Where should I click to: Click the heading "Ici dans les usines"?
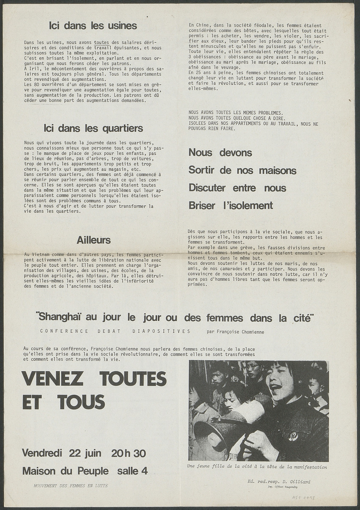93,26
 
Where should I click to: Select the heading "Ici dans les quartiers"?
93,128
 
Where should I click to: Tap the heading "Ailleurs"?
93,240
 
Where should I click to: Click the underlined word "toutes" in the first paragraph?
102,43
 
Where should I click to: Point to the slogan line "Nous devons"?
220,152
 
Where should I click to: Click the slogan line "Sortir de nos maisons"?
242,170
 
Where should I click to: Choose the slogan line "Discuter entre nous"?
237,187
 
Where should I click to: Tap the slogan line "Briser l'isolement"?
231,206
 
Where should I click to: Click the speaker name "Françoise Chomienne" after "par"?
240,332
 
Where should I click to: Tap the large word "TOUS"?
81,402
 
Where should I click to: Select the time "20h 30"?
129,453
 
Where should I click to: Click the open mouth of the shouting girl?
275,386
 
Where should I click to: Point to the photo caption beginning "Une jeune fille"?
257,467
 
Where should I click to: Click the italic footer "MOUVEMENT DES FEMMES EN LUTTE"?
71,486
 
